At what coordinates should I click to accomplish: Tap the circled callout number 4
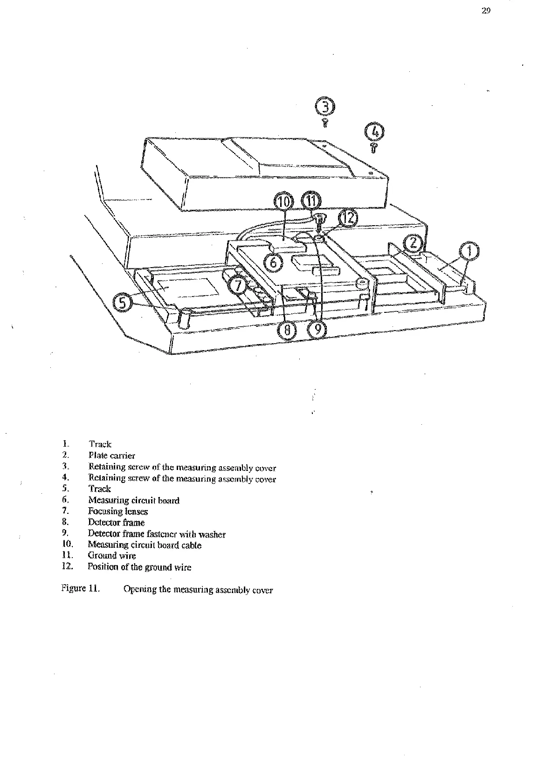pos(375,131)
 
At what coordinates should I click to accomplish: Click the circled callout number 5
pos(122,304)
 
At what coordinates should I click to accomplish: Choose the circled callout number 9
pos(317,330)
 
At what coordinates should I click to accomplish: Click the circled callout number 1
pos(470,252)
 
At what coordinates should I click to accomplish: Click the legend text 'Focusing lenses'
pos(117,511)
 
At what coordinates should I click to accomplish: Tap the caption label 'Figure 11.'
pos(81,589)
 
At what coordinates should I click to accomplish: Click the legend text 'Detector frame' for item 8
pos(116,523)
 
